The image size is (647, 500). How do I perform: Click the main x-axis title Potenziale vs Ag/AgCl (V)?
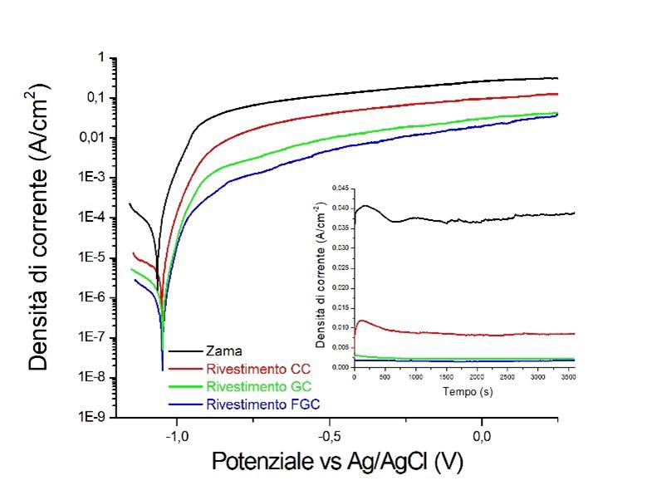click(x=339, y=461)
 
